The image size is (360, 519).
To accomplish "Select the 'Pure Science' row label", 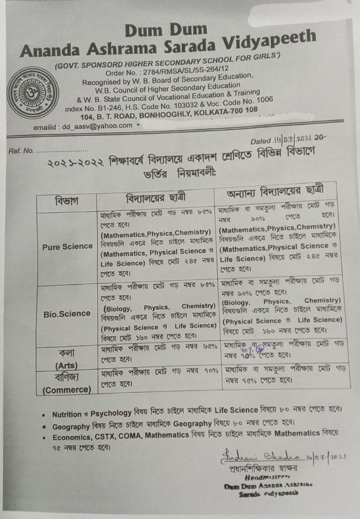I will pyautogui.click(x=67, y=247).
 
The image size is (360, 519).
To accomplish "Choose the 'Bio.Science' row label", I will pyautogui.click(x=67, y=313).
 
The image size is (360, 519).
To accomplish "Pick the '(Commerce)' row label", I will pyautogui.click(x=67, y=390).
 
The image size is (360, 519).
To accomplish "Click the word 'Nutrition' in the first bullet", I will pyautogui.click(x=67, y=414).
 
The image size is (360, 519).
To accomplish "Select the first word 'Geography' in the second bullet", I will pyautogui.click(x=71, y=427).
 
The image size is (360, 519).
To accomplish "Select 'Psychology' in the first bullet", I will pyautogui.click(x=111, y=414).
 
